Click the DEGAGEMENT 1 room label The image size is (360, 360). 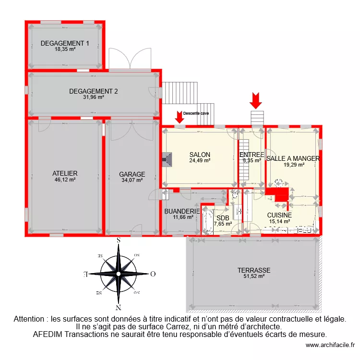65,43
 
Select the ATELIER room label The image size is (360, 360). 65,173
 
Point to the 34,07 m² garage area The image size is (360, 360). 132,180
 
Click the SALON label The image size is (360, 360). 200,155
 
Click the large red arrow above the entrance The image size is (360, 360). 256,100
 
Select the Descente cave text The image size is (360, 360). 196,113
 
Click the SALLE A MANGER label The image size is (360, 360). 293,158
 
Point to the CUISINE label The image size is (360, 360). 279,216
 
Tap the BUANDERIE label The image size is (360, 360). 182,211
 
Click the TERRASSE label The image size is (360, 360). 254,270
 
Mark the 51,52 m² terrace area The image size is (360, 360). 254,276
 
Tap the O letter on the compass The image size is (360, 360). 153,275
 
